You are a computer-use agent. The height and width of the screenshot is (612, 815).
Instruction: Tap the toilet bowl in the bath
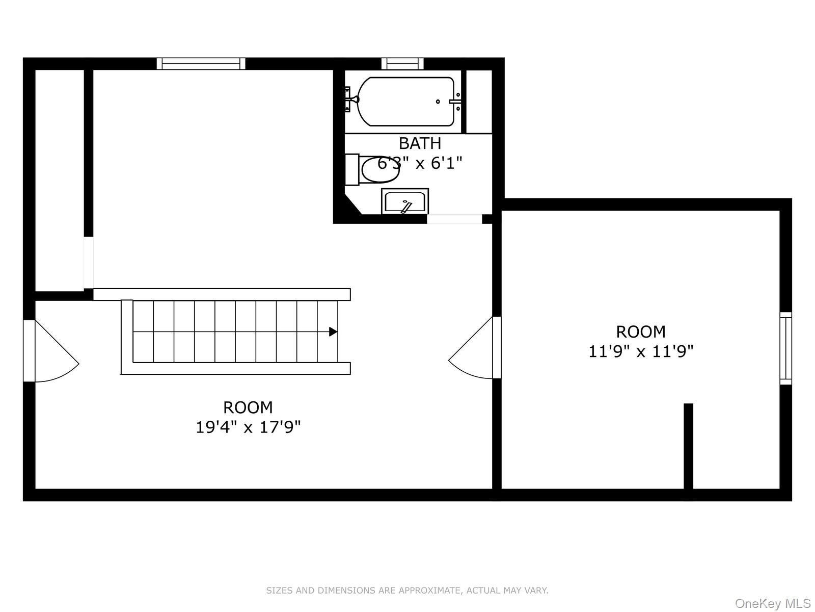tap(380, 170)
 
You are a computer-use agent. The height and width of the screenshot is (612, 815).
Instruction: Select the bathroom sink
tap(405, 201)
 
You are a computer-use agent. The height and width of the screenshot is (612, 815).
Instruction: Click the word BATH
tap(420, 143)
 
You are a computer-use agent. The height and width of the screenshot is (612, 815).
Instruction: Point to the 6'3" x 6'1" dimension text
tap(420, 164)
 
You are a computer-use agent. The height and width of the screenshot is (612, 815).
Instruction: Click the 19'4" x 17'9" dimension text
tap(248, 427)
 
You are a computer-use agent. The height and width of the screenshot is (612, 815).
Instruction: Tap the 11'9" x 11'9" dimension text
tap(641, 351)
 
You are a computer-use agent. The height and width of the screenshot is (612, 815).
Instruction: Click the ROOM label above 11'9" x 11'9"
tap(641, 332)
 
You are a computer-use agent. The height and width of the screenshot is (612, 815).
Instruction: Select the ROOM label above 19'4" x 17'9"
tap(248, 407)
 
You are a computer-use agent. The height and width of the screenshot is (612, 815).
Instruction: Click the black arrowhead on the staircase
tap(333, 332)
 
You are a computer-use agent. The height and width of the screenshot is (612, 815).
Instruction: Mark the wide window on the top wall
tap(201, 64)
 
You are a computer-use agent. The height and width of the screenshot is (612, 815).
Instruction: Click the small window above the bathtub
tap(402, 64)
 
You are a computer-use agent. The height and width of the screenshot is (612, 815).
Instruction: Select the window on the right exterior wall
tap(786, 348)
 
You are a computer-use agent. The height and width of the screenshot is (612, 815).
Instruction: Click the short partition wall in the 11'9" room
tap(688, 446)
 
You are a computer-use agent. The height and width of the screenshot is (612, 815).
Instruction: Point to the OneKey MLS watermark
tap(772, 604)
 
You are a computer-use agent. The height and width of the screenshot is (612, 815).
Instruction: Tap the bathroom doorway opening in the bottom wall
tap(454, 219)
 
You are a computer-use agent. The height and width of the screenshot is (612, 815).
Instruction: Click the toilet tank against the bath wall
tap(352, 170)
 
